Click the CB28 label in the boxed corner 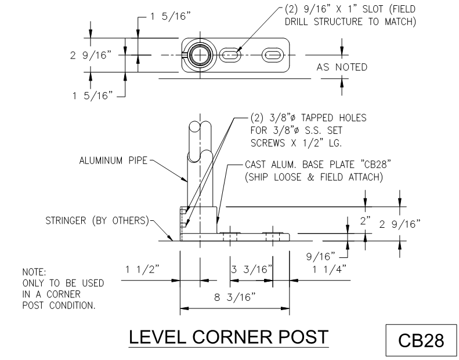(421, 340)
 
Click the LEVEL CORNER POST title (229, 337)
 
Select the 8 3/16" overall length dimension (235, 297)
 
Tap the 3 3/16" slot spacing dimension (252, 270)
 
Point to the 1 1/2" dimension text (142, 270)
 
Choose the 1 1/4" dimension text (330, 270)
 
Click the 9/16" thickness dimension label (320, 256)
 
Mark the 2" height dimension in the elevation (366, 221)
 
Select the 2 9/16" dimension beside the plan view (91, 55)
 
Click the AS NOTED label (342, 67)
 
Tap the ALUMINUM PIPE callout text (113, 161)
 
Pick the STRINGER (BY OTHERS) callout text (97, 220)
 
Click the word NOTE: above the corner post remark (34, 272)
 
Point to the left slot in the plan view (230, 54)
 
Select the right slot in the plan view (273, 54)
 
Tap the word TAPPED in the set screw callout (317, 118)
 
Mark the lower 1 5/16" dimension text (92, 96)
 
